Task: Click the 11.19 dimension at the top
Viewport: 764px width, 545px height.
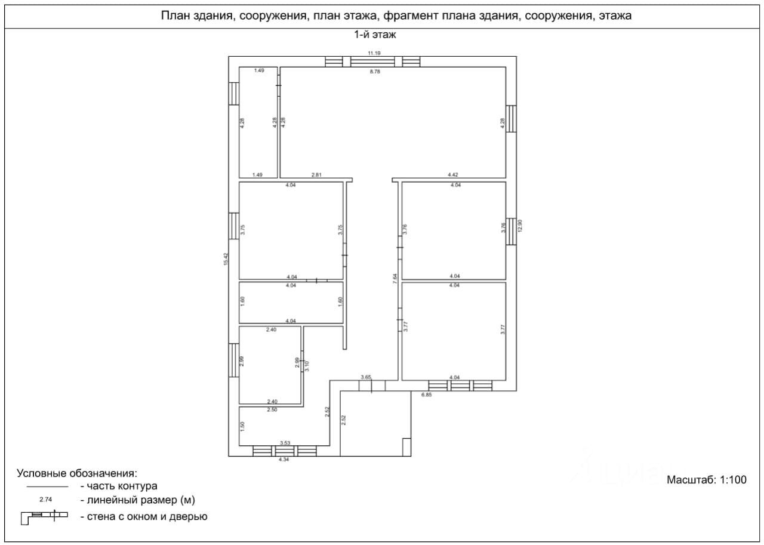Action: [374, 54]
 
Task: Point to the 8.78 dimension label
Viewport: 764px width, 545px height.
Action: [375, 72]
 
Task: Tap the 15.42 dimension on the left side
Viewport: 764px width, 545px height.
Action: [226, 258]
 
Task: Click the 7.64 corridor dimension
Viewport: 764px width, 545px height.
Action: [395, 279]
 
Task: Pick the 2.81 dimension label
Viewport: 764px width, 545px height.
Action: [316, 175]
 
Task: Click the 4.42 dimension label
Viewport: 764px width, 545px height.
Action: [453, 175]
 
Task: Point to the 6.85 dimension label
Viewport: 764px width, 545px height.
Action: [426, 395]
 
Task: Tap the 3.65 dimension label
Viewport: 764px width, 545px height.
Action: [366, 377]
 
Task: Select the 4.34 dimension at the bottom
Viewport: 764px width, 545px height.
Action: [284, 460]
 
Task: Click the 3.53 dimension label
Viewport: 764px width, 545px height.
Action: [285, 443]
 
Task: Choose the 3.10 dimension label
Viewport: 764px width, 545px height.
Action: [307, 366]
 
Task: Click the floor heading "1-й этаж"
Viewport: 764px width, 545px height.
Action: [375, 35]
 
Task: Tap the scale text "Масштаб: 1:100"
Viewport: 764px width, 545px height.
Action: [706, 479]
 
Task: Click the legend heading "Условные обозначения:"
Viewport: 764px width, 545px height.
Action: [77, 473]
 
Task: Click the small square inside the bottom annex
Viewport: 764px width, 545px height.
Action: [406, 447]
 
